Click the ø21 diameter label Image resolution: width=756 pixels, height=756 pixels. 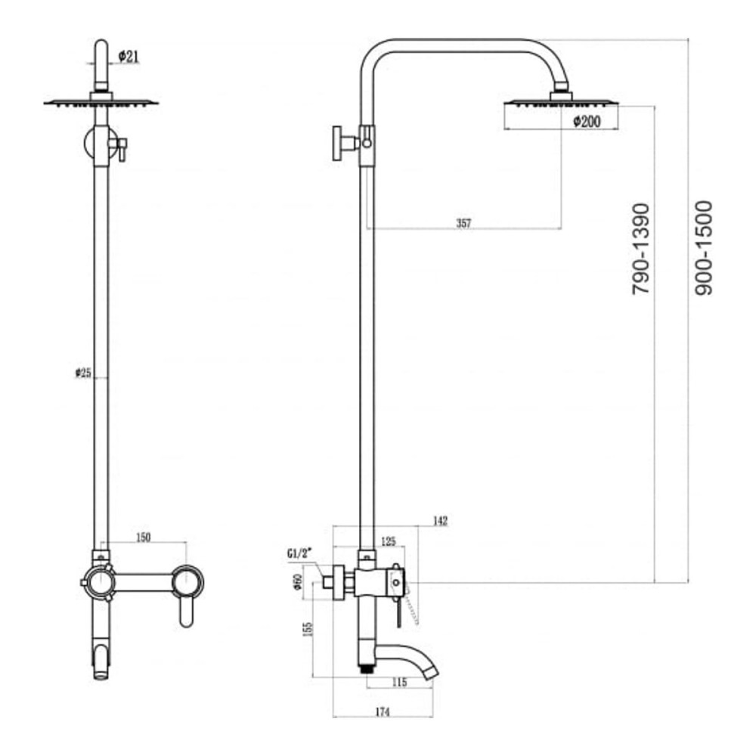[x=128, y=57]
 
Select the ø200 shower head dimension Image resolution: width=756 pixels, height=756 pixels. [x=587, y=122]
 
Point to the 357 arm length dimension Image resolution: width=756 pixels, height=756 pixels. [x=463, y=223]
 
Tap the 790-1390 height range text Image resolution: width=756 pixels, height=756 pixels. [x=641, y=249]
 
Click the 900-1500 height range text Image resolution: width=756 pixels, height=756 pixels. [x=703, y=248]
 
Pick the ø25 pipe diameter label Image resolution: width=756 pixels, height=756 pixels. [x=83, y=373]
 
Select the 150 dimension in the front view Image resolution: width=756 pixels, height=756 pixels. [x=143, y=537]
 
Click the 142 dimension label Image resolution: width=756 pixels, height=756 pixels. [x=440, y=521]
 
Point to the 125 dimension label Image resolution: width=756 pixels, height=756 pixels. [x=388, y=541]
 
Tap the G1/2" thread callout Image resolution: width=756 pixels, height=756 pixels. [x=299, y=553]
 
